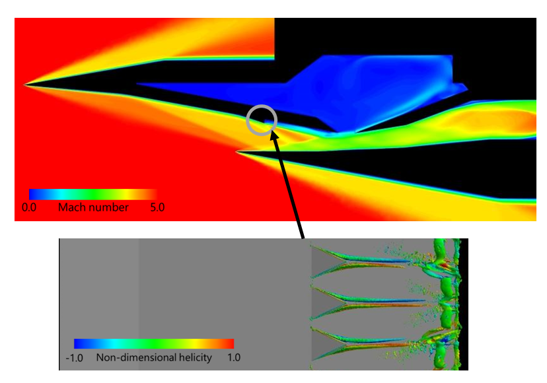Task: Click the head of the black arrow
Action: (273, 134)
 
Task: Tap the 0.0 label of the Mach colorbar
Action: (29, 207)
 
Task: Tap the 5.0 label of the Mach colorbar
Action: (157, 207)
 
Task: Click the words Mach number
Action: (93, 207)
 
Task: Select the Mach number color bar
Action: (92, 194)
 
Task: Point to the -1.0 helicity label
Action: (74, 358)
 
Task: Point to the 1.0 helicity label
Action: (234, 357)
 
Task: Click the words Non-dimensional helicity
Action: (154, 357)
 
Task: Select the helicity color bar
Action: (154, 343)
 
